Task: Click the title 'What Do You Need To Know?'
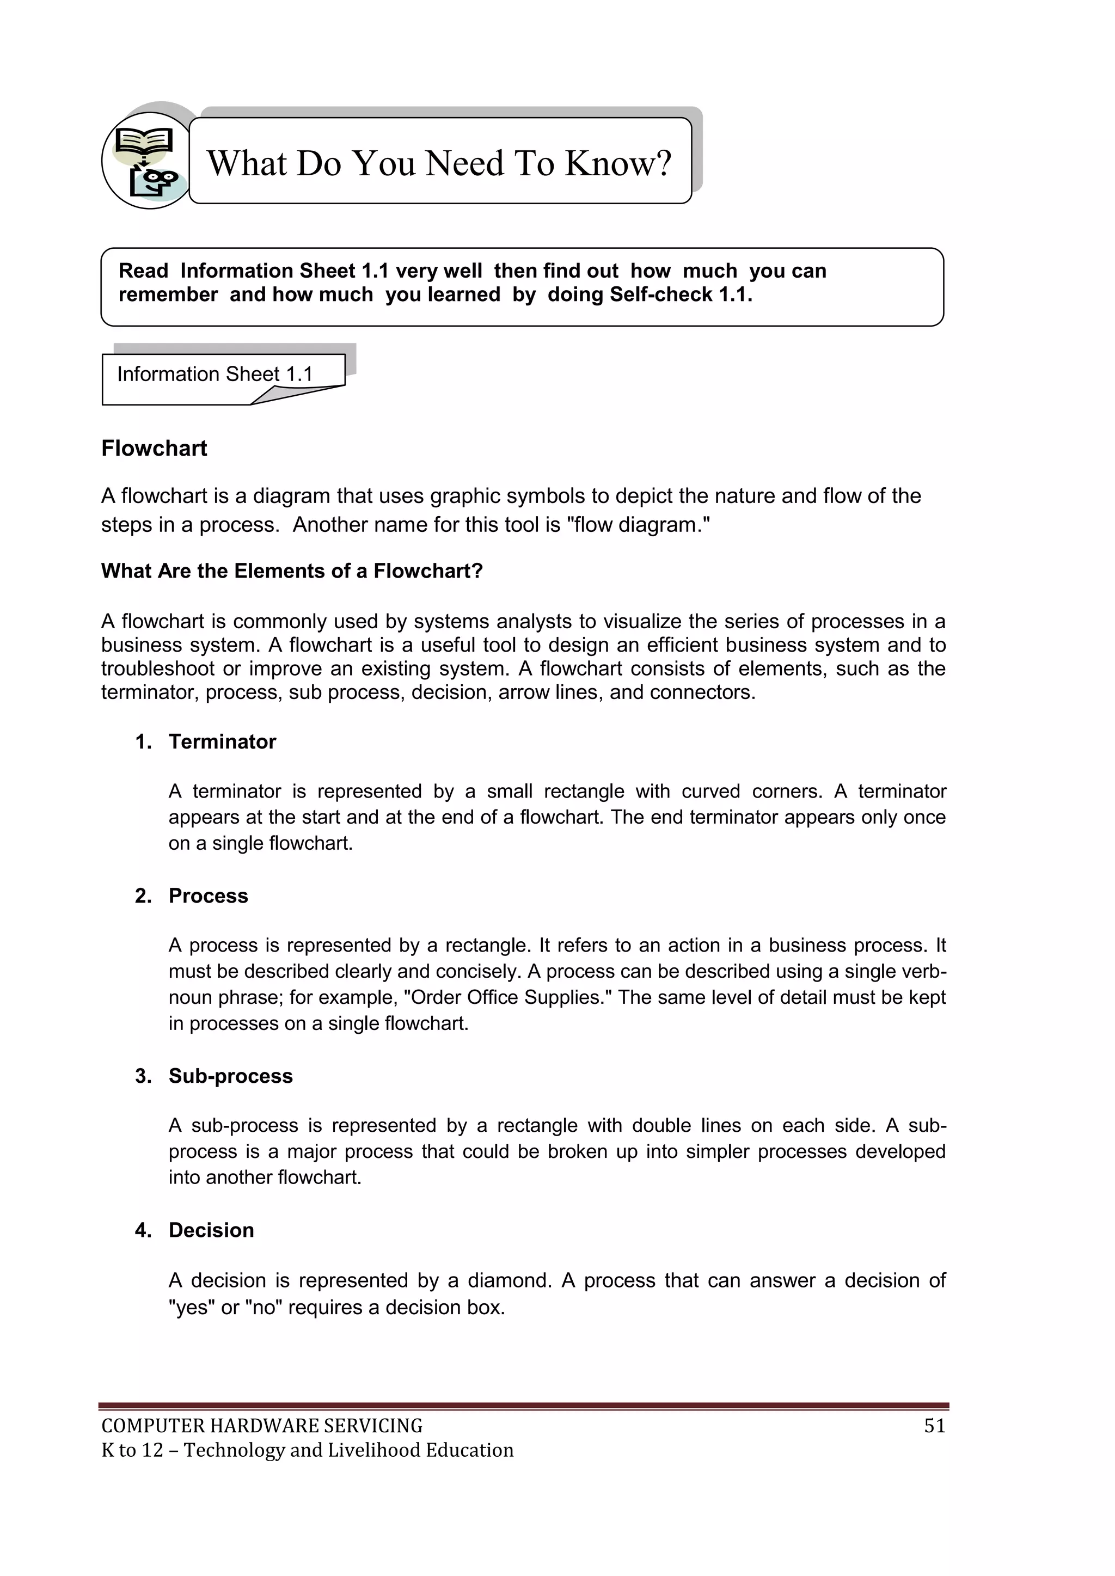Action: pos(439,163)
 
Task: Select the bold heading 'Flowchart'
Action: pos(154,448)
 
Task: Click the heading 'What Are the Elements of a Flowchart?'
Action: pos(292,571)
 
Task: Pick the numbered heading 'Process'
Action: pos(208,896)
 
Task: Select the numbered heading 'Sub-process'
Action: pos(231,1076)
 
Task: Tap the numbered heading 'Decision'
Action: pos(211,1230)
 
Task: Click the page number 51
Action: pos(934,1426)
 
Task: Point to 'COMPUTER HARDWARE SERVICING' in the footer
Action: pos(261,1426)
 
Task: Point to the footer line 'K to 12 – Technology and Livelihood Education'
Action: pos(307,1450)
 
